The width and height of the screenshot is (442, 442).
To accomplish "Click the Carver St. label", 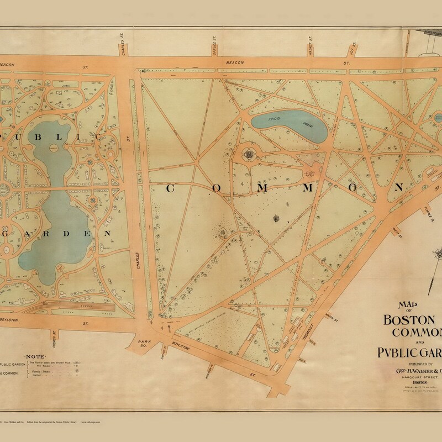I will click(164, 351).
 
